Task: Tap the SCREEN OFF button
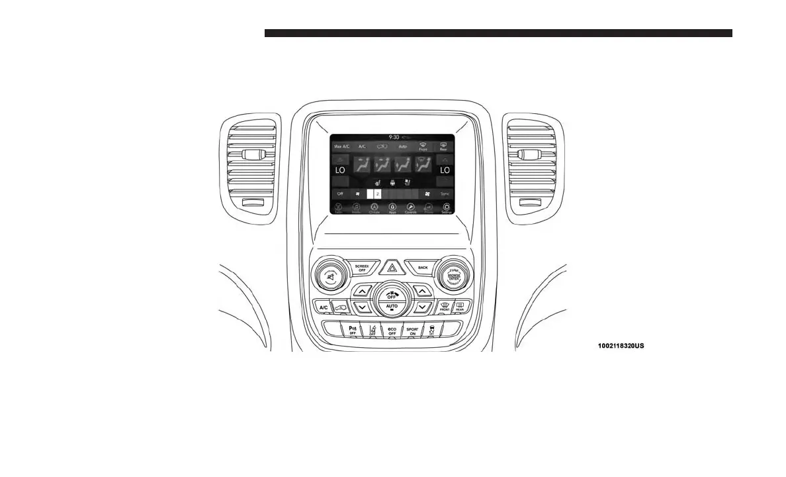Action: tap(361, 268)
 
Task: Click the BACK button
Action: tap(422, 268)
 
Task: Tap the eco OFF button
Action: tap(392, 330)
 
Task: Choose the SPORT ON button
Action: tap(413, 330)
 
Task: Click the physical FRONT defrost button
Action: tap(445, 307)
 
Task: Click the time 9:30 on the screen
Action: tap(394, 137)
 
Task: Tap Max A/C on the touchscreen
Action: tap(341, 146)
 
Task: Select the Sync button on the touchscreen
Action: tap(445, 193)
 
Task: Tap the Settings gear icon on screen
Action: tap(446, 208)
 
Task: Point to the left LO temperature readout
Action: tap(340, 170)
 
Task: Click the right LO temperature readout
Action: tap(445, 170)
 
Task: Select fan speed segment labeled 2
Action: tap(377, 193)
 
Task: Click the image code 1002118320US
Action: tap(619, 345)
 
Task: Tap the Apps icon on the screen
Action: tap(392, 208)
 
